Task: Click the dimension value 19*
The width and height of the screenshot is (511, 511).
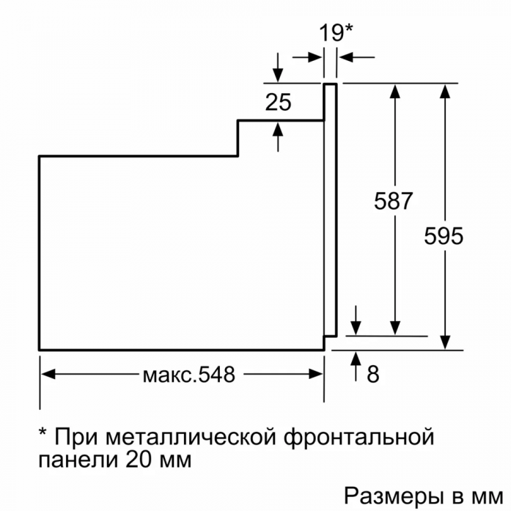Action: point(336,32)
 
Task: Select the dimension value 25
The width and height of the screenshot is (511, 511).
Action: point(279,102)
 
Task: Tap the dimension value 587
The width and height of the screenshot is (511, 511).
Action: point(394,201)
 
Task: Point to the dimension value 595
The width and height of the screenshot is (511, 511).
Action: point(444,235)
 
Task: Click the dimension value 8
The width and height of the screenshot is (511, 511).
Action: point(373,374)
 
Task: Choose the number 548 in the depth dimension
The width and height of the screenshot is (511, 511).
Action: point(216,374)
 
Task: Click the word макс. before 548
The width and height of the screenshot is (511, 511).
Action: point(169,376)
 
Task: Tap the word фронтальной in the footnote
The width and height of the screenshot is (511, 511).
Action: point(359,437)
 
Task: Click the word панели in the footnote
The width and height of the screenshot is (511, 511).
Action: point(78,460)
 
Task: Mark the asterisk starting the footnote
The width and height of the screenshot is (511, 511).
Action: point(43,432)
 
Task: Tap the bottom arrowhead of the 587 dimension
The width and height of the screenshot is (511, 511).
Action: point(395,328)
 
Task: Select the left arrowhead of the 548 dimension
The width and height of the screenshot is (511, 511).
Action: point(48,374)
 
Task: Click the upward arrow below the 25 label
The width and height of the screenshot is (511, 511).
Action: point(278,136)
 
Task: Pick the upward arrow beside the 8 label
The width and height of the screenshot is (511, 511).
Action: point(356,367)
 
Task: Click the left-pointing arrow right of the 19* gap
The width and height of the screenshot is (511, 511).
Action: point(356,57)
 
